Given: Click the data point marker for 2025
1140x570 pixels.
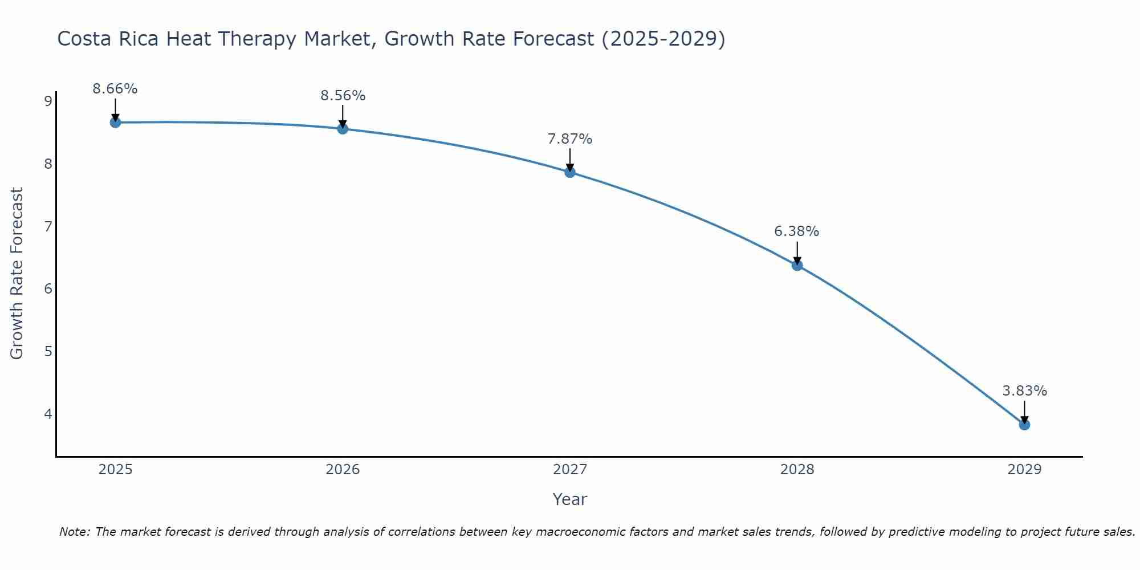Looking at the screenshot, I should pos(115,122).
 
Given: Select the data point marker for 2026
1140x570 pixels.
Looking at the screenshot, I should pos(343,129).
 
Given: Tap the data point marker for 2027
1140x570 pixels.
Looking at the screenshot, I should pos(570,172).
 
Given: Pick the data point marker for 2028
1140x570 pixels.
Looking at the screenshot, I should pos(797,265).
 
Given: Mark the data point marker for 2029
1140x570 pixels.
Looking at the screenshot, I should pos(1024,425).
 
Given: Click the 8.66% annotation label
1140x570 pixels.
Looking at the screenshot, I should pos(115,89).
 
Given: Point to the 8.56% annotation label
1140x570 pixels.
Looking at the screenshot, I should pos(343,96).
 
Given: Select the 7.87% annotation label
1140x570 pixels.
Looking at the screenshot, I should pos(570,139).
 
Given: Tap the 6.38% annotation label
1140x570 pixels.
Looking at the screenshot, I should pos(796,231).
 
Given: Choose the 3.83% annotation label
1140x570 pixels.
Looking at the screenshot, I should pos(1024,391).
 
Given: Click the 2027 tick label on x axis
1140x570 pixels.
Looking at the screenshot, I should pos(570,470).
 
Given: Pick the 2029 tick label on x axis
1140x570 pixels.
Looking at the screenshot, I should pos(1024,470).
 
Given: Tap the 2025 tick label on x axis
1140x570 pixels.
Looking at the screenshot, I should pos(115,470).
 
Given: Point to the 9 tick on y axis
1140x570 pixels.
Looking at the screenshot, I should pos(48,101).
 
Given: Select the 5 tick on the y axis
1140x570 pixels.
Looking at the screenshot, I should pos(48,351).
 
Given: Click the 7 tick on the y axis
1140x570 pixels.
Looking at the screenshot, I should pos(48,226).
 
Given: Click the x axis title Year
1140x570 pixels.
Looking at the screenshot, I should pos(570,499).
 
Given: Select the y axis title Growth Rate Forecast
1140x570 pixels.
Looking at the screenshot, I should pos(17,274).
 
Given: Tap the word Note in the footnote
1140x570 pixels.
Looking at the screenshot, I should pos(74,532).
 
